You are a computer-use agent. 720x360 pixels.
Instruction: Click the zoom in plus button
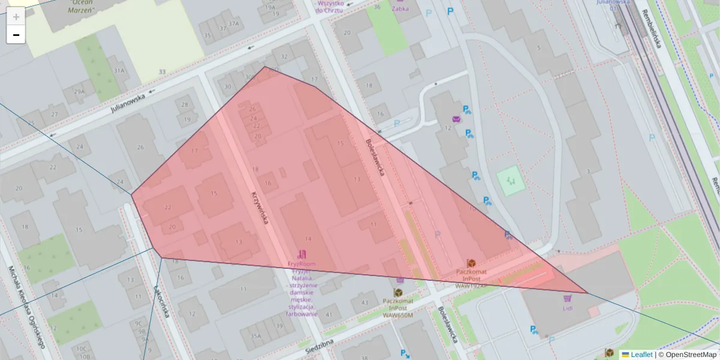pyautogui.click(x=16, y=17)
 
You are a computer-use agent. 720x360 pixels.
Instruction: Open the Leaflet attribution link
pyautogui.click(x=641, y=355)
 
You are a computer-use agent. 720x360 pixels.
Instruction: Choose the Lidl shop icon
pyautogui.click(x=567, y=298)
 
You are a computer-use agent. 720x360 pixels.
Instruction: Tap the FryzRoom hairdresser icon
pyautogui.click(x=302, y=254)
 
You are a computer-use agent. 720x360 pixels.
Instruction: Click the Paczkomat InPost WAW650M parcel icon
pyautogui.click(x=398, y=292)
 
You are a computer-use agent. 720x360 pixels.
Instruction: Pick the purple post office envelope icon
pyautogui.click(x=457, y=119)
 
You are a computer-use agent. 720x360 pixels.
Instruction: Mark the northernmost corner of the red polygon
pyautogui.click(x=265, y=67)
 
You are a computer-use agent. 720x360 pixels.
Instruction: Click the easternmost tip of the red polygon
pyautogui.click(x=587, y=293)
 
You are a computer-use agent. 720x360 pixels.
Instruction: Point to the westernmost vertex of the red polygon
pyautogui.click(x=131, y=194)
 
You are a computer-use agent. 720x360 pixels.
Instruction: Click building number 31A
pyautogui.click(x=119, y=71)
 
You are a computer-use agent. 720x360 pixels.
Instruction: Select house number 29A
pyautogui.click(x=79, y=91)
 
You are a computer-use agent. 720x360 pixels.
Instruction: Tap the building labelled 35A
pyautogui.click(x=256, y=336)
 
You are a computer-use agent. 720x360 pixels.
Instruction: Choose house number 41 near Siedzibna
pyautogui.click(x=329, y=314)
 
